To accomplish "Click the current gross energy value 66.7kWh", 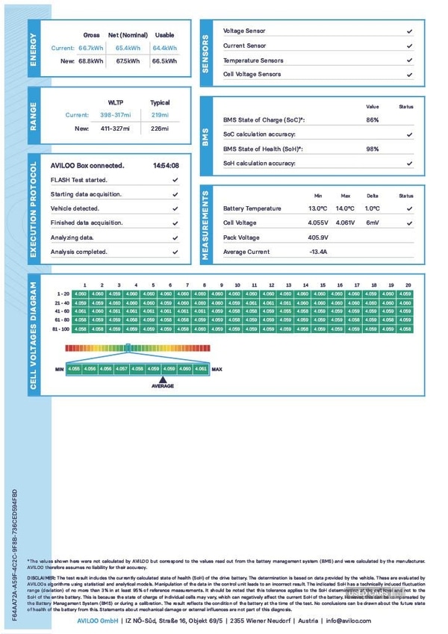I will point(91,48).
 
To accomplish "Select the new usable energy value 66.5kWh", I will point(164,61).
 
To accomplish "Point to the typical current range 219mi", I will point(160,115).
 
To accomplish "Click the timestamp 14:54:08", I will point(166,166).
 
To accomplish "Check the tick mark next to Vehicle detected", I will point(175,208).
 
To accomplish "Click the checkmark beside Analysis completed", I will point(175,252).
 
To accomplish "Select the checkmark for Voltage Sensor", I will point(409,31).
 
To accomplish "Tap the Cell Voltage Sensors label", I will point(254,75).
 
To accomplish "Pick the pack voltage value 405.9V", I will point(318,237).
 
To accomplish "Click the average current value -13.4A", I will point(318,252).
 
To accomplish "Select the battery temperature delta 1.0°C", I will point(373,208).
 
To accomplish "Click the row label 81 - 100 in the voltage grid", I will point(61,329).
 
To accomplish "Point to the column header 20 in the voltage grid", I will point(408,285).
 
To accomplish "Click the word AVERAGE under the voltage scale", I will point(163,386).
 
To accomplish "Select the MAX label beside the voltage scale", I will point(217,369).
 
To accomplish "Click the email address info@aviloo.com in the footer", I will point(347,621).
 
